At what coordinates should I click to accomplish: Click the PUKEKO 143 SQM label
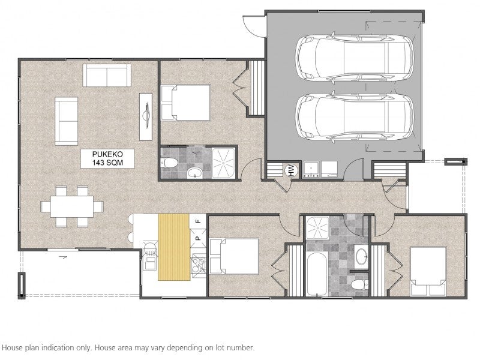(107, 158)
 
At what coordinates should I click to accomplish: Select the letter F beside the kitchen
(198, 221)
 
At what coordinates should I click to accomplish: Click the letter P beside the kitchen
(198, 238)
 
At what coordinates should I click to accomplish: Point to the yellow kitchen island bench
(174, 247)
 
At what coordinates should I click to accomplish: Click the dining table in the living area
(72, 206)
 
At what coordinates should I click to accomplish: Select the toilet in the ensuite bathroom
(169, 163)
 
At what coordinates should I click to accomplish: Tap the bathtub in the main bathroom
(317, 274)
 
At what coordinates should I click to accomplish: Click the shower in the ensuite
(223, 163)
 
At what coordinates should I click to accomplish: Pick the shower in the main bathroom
(318, 228)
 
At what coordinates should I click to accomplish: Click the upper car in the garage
(355, 58)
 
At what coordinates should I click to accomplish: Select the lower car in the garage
(355, 117)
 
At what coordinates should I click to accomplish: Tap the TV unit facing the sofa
(146, 116)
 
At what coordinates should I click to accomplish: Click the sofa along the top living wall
(107, 76)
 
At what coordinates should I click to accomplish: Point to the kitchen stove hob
(198, 265)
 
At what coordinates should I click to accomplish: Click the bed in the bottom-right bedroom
(428, 272)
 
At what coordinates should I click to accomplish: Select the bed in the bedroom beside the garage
(186, 103)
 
